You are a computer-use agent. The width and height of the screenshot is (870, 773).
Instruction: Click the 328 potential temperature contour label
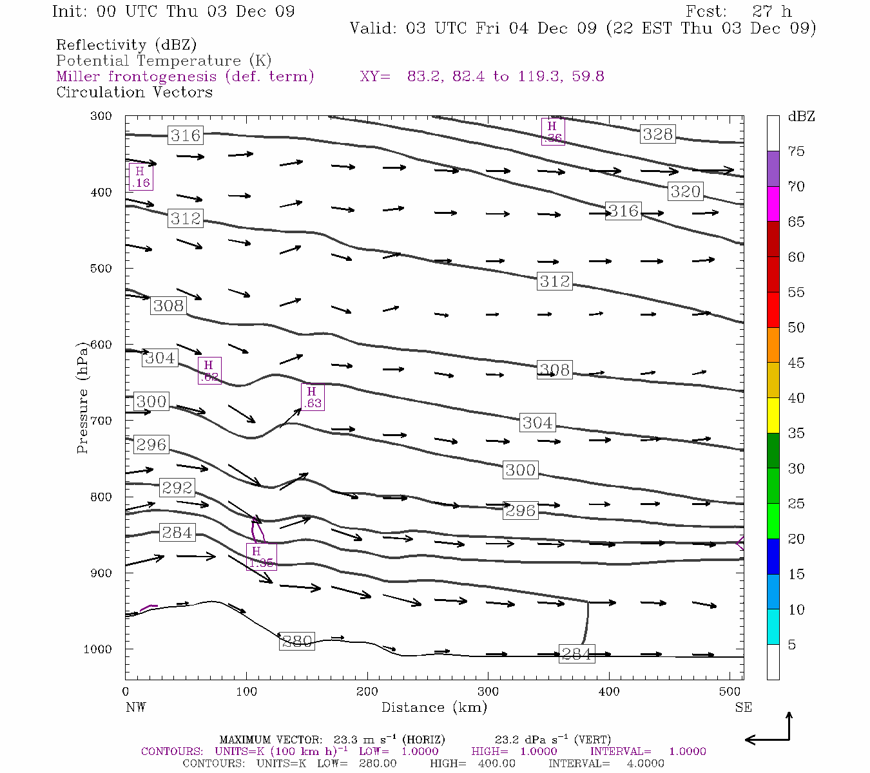pyautogui.click(x=657, y=134)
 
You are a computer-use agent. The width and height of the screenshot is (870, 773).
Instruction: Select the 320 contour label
pyautogui.click(x=685, y=191)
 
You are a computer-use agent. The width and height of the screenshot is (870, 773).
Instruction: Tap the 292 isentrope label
pyautogui.click(x=177, y=488)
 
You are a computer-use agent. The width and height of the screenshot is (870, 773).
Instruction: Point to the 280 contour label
pyautogui.click(x=297, y=642)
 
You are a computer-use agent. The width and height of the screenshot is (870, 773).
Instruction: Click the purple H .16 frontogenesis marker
pyautogui.click(x=140, y=177)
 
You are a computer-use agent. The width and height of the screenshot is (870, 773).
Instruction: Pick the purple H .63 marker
pyautogui.click(x=312, y=397)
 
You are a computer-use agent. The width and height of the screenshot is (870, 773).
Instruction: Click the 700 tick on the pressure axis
pyautogui.click(x=100, y=421)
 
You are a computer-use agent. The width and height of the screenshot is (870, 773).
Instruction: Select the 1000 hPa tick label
pyautogui.click(x=97, y=649)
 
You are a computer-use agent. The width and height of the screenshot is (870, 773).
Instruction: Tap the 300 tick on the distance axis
pyautogui.click(x=488, y=692)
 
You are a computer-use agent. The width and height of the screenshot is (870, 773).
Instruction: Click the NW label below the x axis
pyautogui.click(x=135, y=707)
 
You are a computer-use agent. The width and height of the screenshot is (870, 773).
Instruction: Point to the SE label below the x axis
pyautogui.click(x=743, y=707)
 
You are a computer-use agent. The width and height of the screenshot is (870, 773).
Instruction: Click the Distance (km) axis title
pyautogui.click(x=434, y=707)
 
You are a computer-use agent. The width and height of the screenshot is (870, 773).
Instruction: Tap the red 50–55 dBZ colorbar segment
pyautogui.click(x=773, y=310)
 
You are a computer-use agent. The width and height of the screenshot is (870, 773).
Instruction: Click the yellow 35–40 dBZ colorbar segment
pyautogui.click(x=773, y=415)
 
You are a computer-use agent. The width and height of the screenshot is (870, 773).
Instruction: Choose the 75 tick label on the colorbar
pyautogui.click(x=796, y=151)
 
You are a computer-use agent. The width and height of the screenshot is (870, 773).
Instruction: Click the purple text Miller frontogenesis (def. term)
pyautogui.click(x=185, y=77)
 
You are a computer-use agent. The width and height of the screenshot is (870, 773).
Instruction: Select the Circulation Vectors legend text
pyautogui.click(x=134, y=92)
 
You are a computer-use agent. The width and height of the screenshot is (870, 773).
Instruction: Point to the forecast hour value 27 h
pyautogui.click(x=771, y=12)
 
